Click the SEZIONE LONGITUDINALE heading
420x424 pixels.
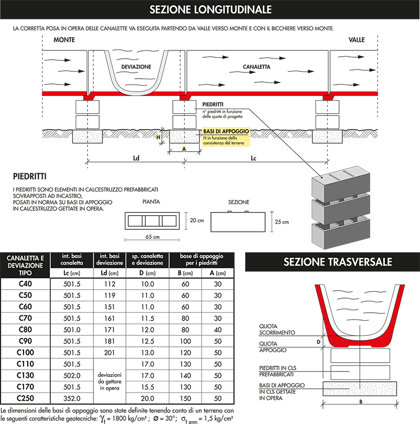point(210,9)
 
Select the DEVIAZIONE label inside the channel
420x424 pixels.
point(136,67)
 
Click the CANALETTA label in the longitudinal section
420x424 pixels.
point(256,67)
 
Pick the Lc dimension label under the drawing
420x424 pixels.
point(253,157)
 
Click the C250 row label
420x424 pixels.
point(26,398)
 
